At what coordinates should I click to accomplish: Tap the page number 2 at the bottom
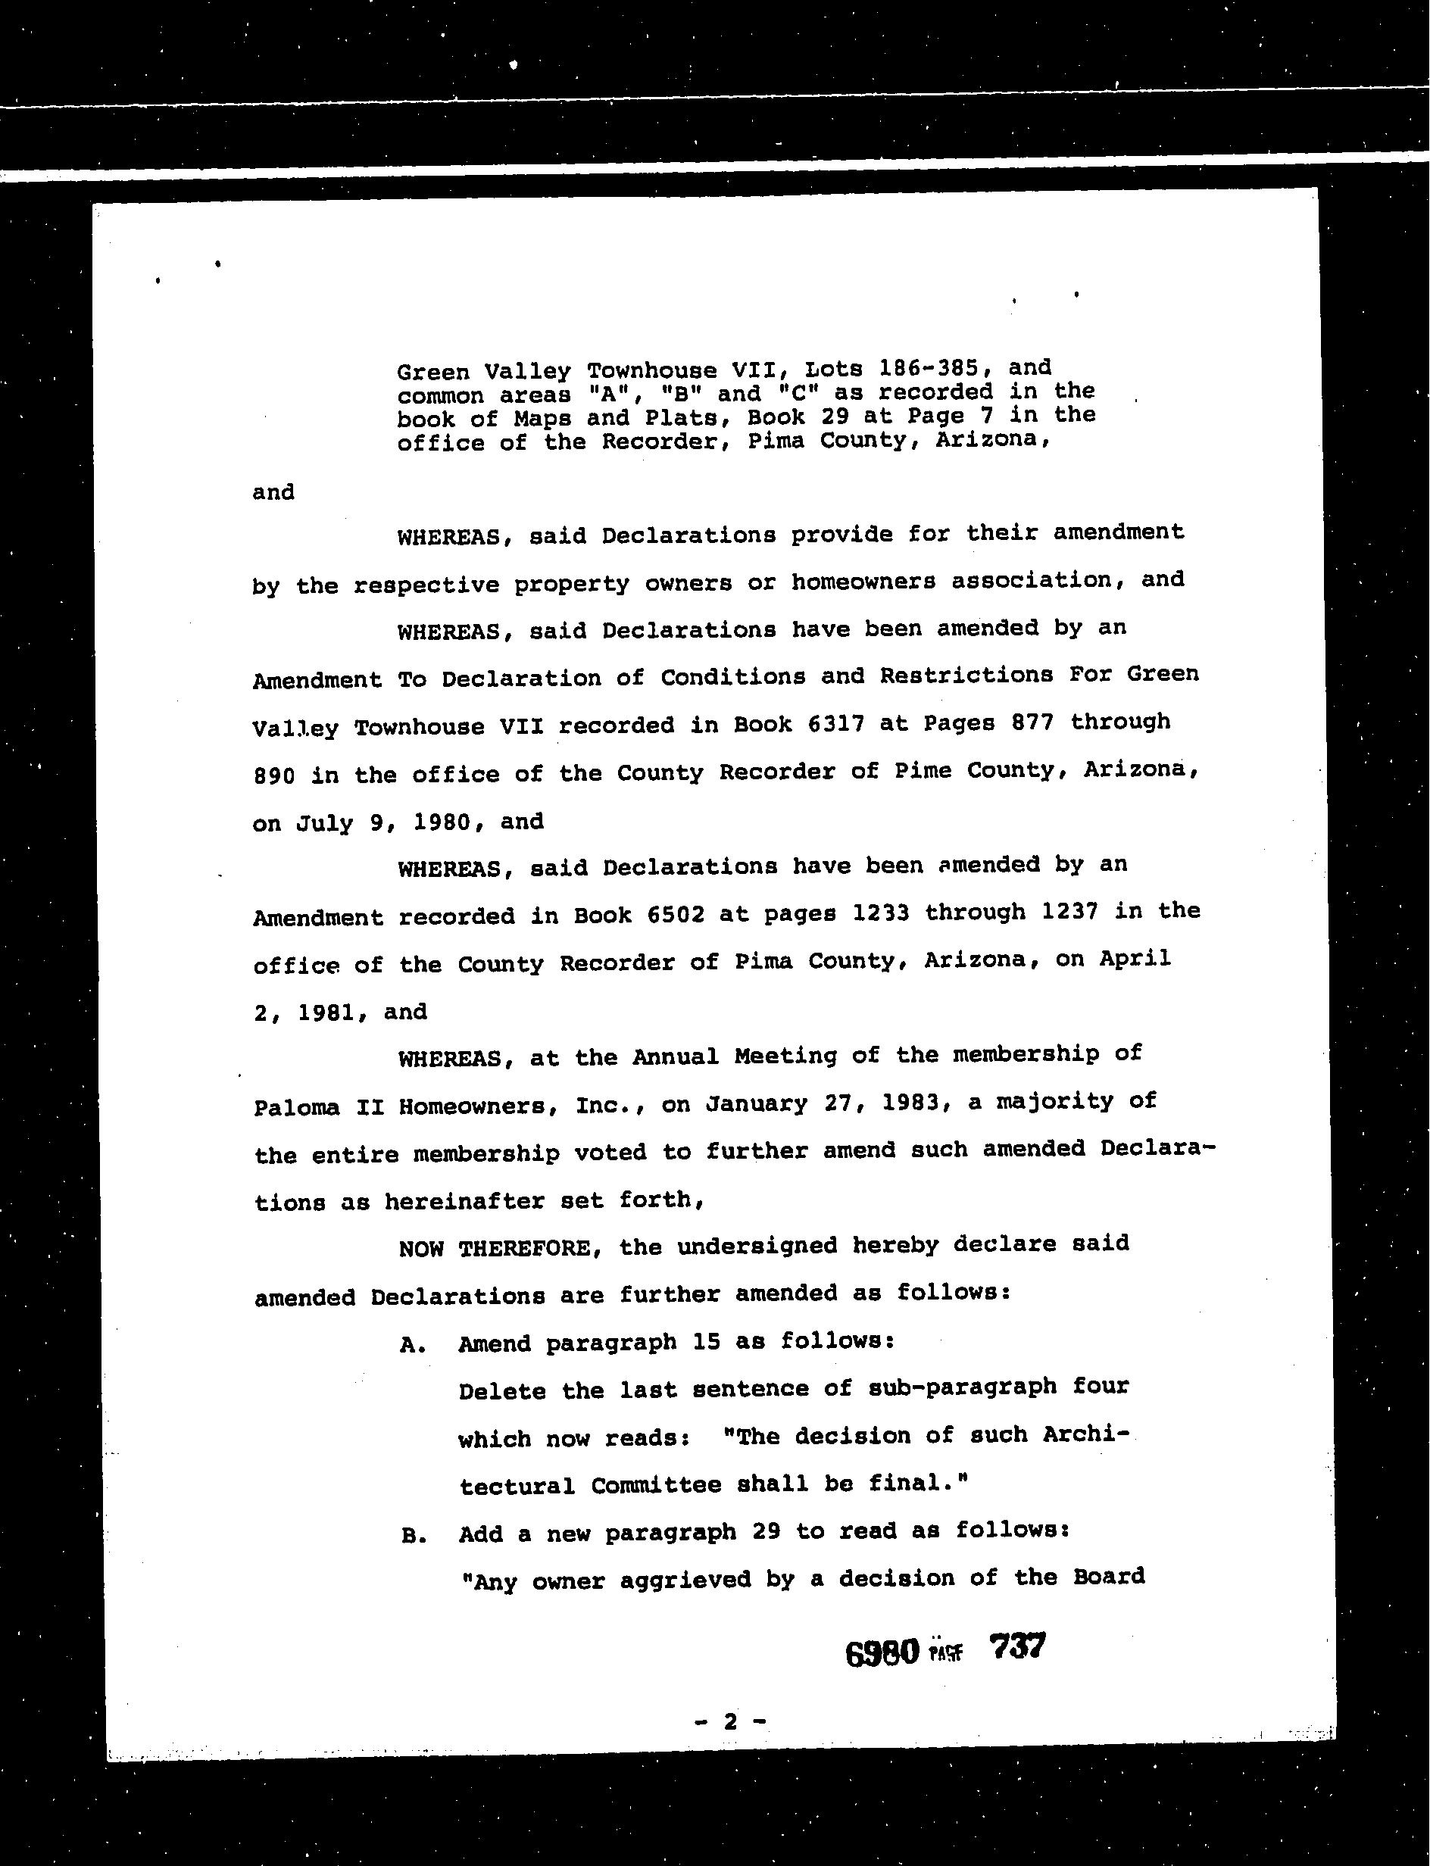(x=729, y=1721)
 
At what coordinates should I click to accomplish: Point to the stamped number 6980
(x=882, y=1652)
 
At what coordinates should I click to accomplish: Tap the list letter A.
(x=411, y=1345)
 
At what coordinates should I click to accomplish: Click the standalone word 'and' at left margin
(x=273, y=493)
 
